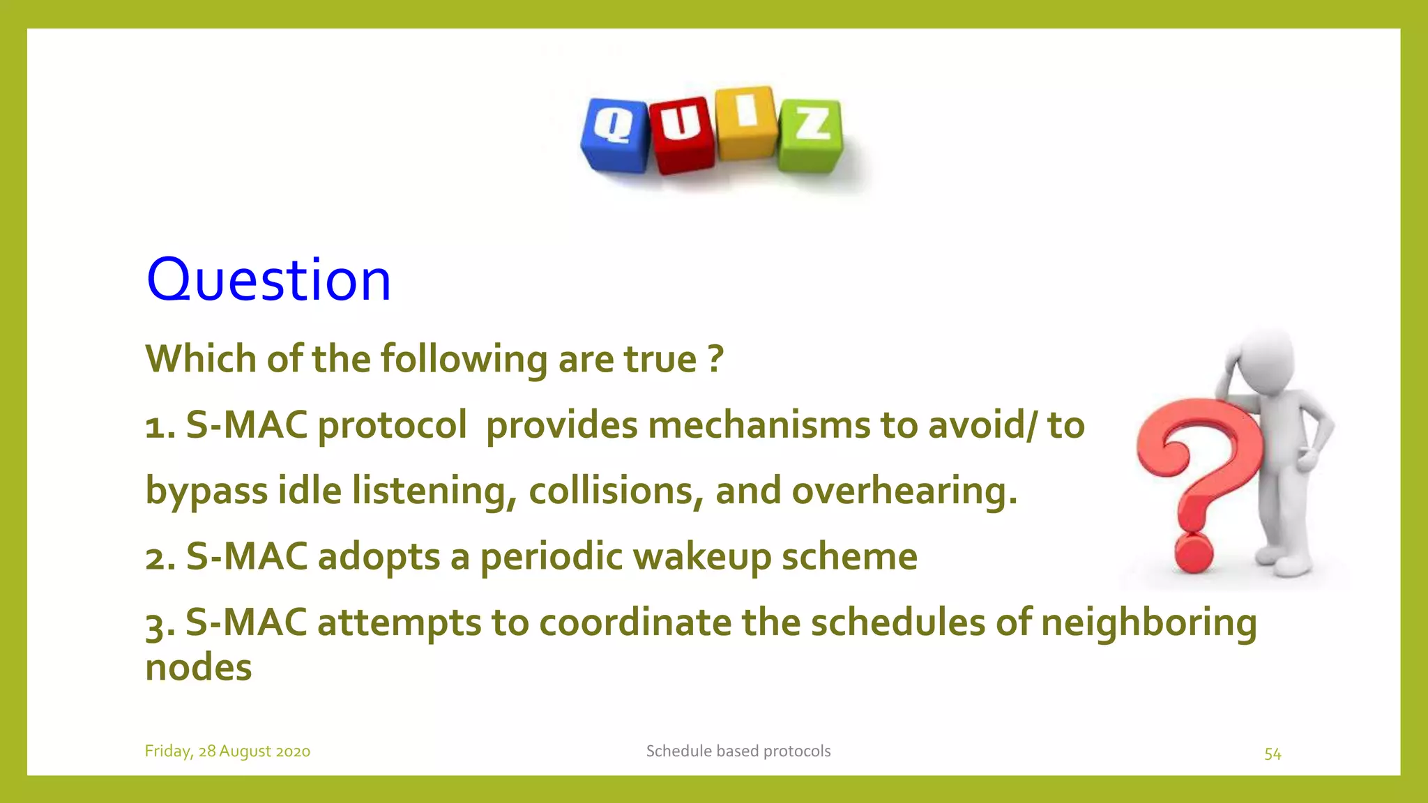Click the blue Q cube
click(614, 135)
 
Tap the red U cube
click(681, 135)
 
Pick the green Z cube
click(811, 135)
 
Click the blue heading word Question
click(268, 280)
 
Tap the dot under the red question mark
click(1194, 554)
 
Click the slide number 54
click(1273, 754)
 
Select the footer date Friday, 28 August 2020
click(227, 751)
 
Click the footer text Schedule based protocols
click(738, 751)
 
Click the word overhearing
click(904, 491)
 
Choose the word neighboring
click(1148, 622)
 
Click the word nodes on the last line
click(198, 668)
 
